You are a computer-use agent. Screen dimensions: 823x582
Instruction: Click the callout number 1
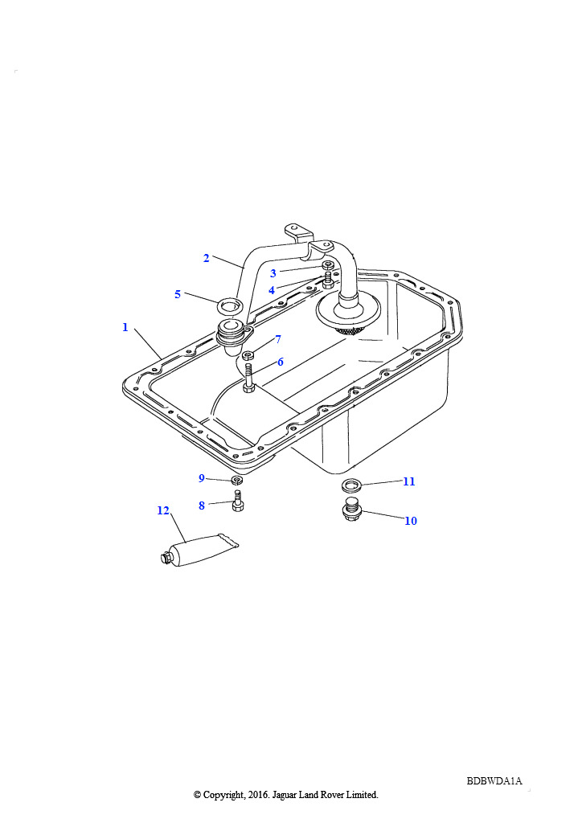[125, 327]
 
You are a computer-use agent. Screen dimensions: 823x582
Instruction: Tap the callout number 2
[206, 258]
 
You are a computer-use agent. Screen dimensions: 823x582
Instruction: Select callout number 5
[178, 294]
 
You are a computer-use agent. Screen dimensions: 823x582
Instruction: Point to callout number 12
[163, 510]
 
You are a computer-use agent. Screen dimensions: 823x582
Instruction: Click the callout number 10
[410, 521]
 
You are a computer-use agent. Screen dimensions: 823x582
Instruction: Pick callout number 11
[408, 481]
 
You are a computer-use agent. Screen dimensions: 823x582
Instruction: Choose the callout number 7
[277, 339]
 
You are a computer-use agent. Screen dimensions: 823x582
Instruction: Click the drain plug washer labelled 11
[350, 485]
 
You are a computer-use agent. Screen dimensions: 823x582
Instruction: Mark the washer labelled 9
[237, 481]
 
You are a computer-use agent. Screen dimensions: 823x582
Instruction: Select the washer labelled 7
[248, 354]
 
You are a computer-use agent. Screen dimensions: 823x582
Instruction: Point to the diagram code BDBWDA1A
[494, 781]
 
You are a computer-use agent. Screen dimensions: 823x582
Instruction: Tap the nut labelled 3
[327, 266]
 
